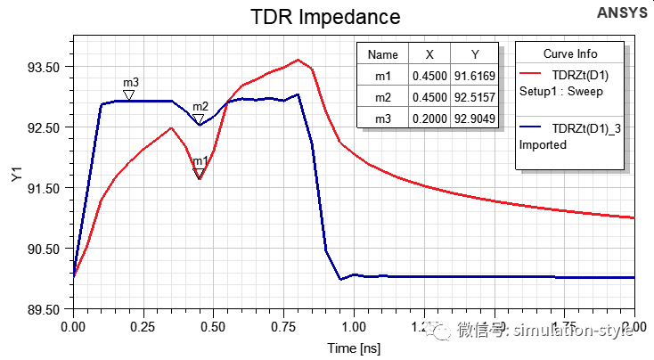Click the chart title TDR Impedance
324,17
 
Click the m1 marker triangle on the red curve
200,173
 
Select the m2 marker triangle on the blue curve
199,119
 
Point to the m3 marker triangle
129,94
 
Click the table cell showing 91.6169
471,76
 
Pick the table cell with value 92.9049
471,119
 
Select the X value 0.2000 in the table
429,119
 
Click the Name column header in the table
383,54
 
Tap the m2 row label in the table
383,97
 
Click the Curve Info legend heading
570,53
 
